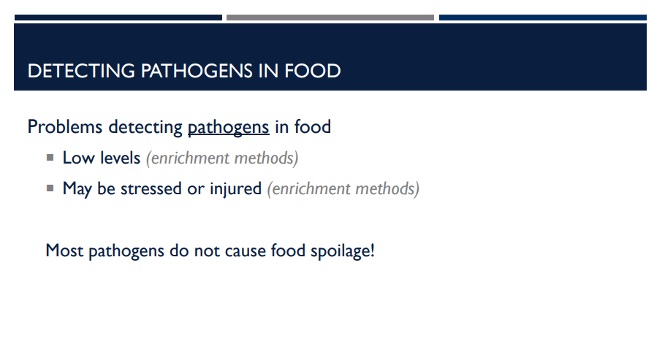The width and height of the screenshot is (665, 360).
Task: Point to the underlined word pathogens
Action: [228, 127]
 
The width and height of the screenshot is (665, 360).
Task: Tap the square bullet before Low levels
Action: [50, 157]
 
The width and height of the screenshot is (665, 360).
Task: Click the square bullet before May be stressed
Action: [50, 188]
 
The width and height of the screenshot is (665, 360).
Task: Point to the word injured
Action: [235, 188]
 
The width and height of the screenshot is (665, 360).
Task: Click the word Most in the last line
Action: [64, 250]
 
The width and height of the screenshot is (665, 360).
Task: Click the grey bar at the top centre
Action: [330, 18]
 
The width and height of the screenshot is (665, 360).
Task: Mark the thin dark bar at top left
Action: [118, 18]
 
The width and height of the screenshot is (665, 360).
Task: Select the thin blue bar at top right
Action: [542, 18]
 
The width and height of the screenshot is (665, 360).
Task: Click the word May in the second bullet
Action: [77, 188]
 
